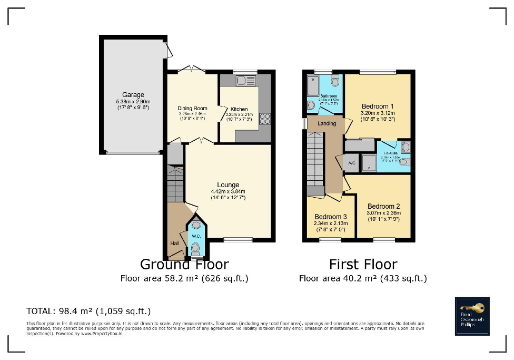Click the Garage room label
click(133, 95)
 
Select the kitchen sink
click(245, 81)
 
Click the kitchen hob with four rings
click(264, 119)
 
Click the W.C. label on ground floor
click(196, 236)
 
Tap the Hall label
click(175, 243)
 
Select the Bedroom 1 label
click(378, 106)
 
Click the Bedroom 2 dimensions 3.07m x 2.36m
click(383, 213)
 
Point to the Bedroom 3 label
click(330, 217)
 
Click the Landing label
click(327, 123)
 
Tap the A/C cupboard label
click(351, 163)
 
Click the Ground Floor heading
click(184, 264)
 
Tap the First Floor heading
click(363, 264)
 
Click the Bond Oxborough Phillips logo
click(472, 316)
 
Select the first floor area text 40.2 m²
click(362, 278)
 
